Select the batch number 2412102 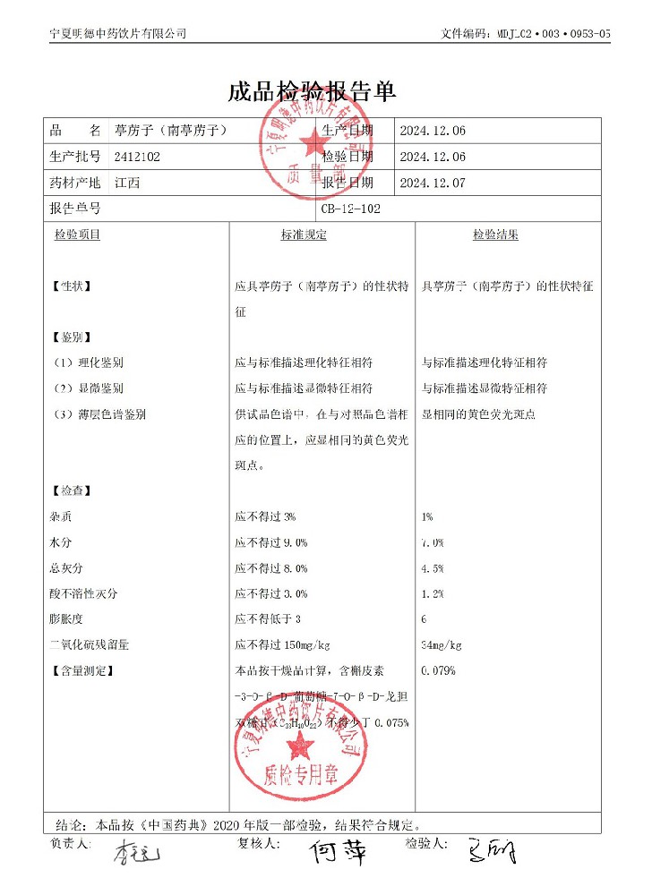[x=138, y=156]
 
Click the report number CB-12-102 [x=350, y=209]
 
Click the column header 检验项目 [x=77, y=234]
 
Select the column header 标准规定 [x=304, y=234]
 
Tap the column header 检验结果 [x=495, y=234]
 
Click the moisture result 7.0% [x=432, y=542]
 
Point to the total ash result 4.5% [x=432, y=567]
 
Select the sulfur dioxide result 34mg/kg [x=441, y=644]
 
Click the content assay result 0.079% [x=438, y=669]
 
